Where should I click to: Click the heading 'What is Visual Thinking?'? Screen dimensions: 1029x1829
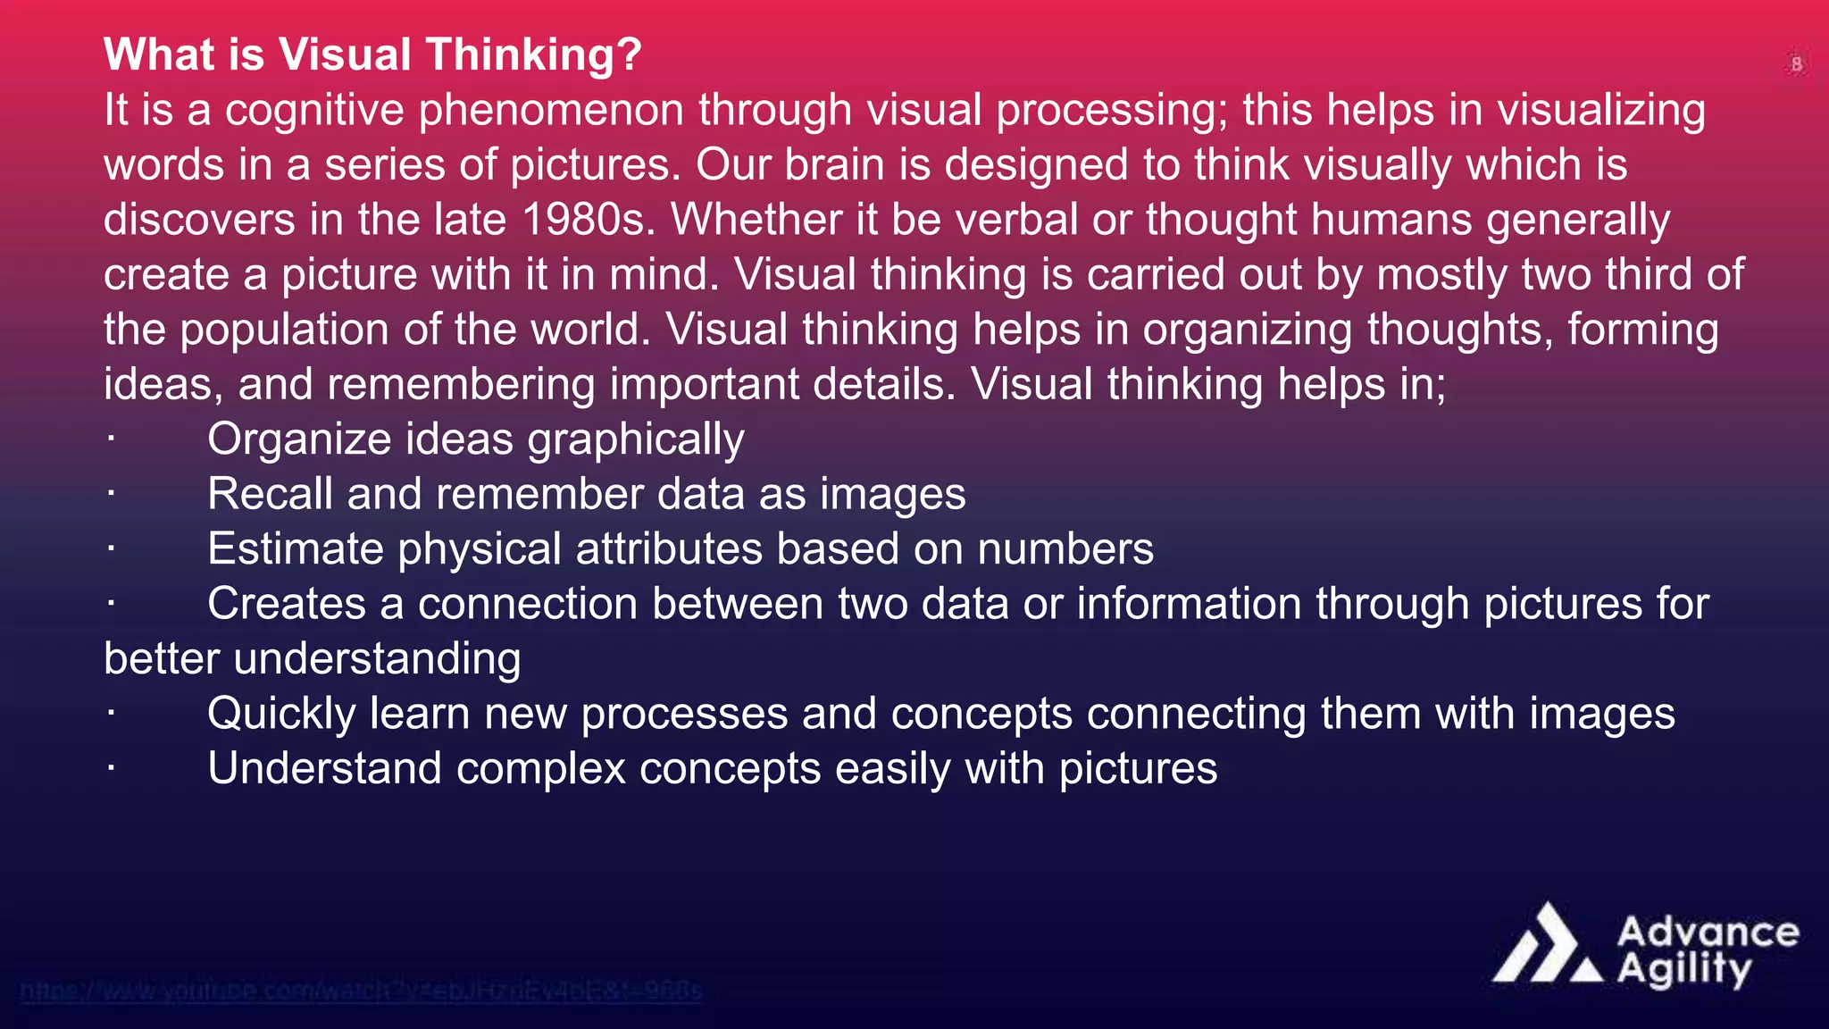(372, 54)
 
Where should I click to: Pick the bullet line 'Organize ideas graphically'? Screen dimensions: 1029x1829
(475, 439)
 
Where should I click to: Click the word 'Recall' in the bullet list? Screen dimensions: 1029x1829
(270, 494)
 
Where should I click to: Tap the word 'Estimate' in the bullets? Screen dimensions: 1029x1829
(295, 549)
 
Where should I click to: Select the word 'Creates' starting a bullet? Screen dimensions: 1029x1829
(287, 604)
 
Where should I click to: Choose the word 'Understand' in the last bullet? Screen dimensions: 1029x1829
(324, 768)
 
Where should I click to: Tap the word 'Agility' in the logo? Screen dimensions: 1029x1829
(1684, 970)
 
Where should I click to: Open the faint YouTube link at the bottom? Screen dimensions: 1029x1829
(361, 991)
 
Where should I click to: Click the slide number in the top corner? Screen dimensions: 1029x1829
(1796, 64)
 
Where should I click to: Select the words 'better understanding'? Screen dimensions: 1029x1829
(312, 659)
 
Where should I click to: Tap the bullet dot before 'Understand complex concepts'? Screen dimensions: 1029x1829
(111, 768)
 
